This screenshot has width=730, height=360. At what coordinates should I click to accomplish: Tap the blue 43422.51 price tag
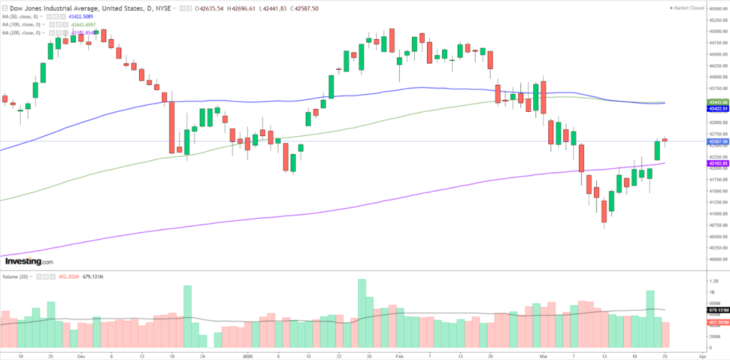tap(716, 109)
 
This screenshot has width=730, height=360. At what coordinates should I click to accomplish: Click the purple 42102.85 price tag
tap(716, 164)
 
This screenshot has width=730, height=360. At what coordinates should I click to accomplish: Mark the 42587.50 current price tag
tap(716, 141)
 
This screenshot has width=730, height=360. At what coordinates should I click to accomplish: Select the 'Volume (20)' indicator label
tap(16, 276)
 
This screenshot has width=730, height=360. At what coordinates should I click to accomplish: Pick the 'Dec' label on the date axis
tap(80, 354)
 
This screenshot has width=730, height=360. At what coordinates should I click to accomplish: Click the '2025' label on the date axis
tap(246, 354)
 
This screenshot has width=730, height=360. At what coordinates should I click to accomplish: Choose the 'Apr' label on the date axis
tap(702, 354)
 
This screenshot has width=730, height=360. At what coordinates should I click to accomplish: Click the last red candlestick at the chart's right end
tap(665, 139)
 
